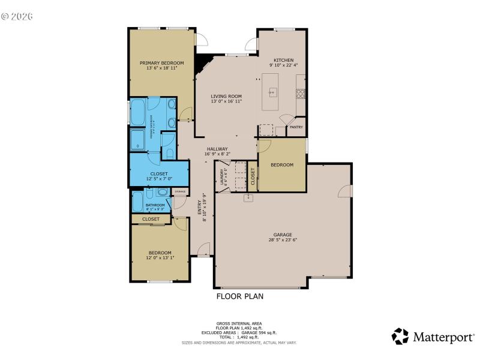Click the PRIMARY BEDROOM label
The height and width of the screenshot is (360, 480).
[161, 62]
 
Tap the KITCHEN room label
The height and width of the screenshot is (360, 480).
[283, 60]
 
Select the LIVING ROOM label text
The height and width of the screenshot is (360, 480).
[226, 96]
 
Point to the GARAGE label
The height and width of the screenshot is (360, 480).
[283, 235]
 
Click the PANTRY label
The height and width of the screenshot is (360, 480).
[296, 127]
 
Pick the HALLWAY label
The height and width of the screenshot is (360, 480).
[217, 149]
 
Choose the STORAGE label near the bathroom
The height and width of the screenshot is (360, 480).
[180, 191]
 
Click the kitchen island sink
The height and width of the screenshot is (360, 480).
[272, 92]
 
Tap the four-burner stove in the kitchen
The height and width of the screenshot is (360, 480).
[300, 94]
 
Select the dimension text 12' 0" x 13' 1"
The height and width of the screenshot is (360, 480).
[160, 258]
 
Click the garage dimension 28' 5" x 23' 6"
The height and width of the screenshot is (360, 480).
[283, 240]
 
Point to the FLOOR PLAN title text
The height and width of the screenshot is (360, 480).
[239, 296]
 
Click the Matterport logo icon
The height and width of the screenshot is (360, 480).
[400, 336]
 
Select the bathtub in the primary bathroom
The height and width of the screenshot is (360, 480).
[137, 112]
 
